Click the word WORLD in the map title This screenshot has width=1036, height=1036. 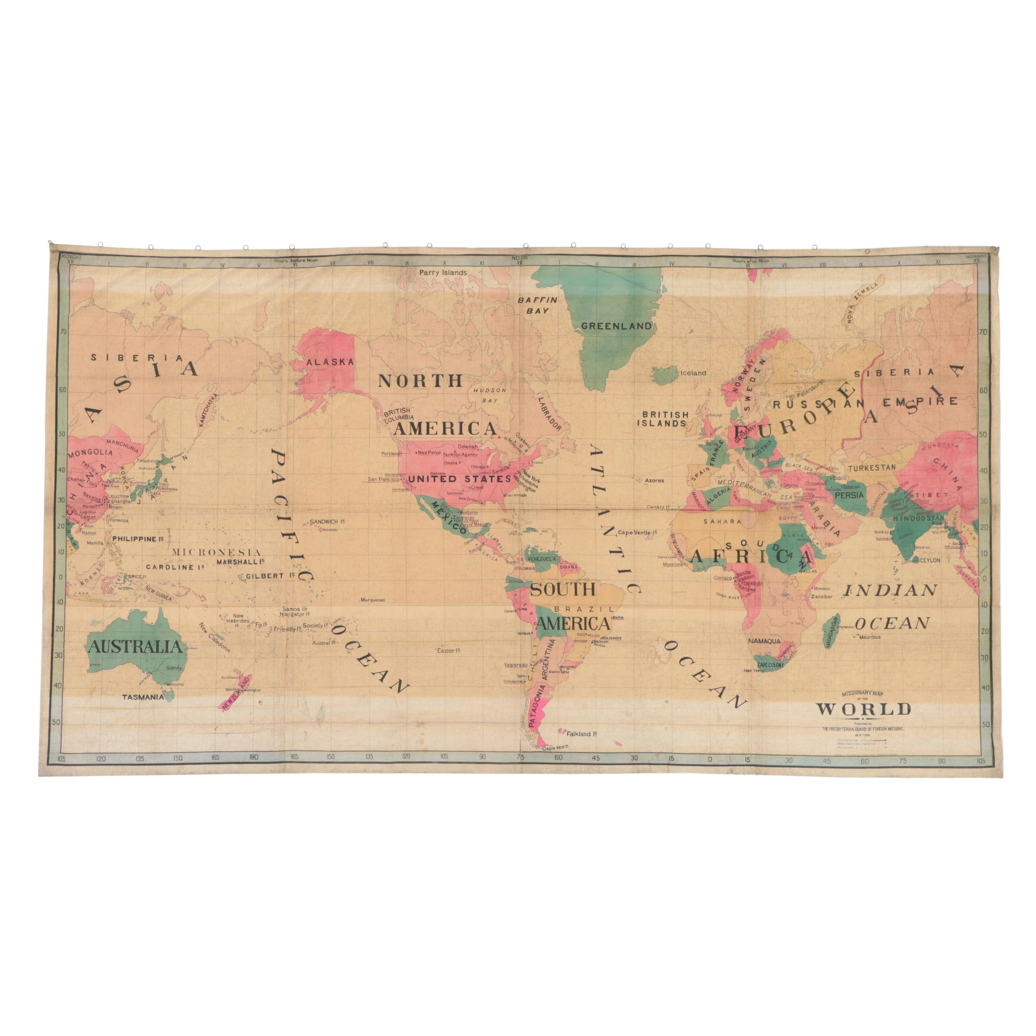tap(863, 709)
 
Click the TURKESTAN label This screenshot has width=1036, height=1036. tap(872, 468)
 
